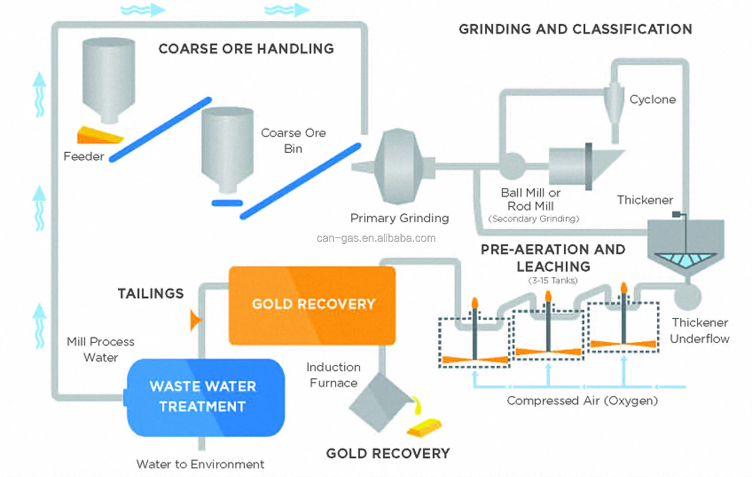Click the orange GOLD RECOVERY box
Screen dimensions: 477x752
[x=312, y=305]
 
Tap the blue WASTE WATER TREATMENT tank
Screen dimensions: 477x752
[x=205, y=397]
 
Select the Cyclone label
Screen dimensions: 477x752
[x=652, y=100]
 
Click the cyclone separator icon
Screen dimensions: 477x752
[x=614, y=104]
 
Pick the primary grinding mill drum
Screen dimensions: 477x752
[x=398, y=166]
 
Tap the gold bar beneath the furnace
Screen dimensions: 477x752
[x=424, y=427]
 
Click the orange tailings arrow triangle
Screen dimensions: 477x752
[x=196, y=320]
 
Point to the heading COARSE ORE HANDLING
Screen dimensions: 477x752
[x=246, y=49]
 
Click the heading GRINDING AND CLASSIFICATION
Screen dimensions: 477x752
[x=575, y=29]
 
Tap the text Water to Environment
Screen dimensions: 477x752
[x=200, y=464]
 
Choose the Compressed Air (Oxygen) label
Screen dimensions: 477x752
[x=582, y=401]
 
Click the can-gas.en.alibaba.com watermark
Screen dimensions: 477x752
[x=376, y=238]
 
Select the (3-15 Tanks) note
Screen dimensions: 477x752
[x=553, y=281]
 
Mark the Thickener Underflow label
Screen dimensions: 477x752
[x=699, y=331]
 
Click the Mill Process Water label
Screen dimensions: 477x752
[x=100, y=349]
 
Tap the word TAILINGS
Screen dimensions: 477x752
[x=150, y=294]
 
